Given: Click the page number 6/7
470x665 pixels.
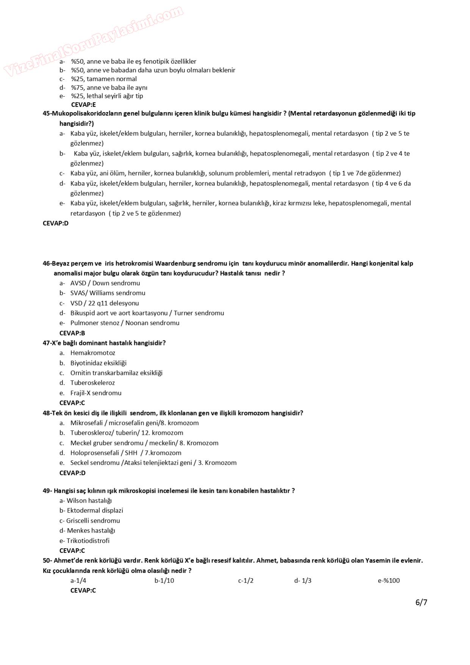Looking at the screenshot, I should tap(421, 602).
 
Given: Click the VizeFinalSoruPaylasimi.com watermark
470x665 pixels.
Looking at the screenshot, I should tap(93, 41).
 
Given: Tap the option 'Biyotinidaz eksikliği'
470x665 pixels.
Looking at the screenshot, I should tap(98, 363).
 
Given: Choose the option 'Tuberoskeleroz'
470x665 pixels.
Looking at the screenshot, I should tap(92, 383).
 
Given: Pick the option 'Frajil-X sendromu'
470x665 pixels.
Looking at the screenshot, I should tap(96, 393).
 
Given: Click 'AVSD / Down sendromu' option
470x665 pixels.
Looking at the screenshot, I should tap(105, 283).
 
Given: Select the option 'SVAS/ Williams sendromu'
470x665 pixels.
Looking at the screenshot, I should tap(108, 293).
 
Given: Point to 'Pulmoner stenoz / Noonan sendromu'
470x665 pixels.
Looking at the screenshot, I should tap(125, 323).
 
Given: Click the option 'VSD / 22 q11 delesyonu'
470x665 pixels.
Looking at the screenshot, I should tap(104, 303).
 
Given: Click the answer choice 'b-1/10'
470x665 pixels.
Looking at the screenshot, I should tap(164, 580).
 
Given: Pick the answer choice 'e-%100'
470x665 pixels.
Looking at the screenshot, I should tap(389, 580).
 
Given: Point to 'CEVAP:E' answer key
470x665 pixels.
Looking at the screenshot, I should tap(83, 105).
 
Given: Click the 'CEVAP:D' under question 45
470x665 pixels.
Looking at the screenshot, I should tap(56, 223).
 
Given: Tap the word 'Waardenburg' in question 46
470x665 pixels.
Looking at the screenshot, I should tap(175, 263).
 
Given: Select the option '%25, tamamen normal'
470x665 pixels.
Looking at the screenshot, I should tap(104, 79).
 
